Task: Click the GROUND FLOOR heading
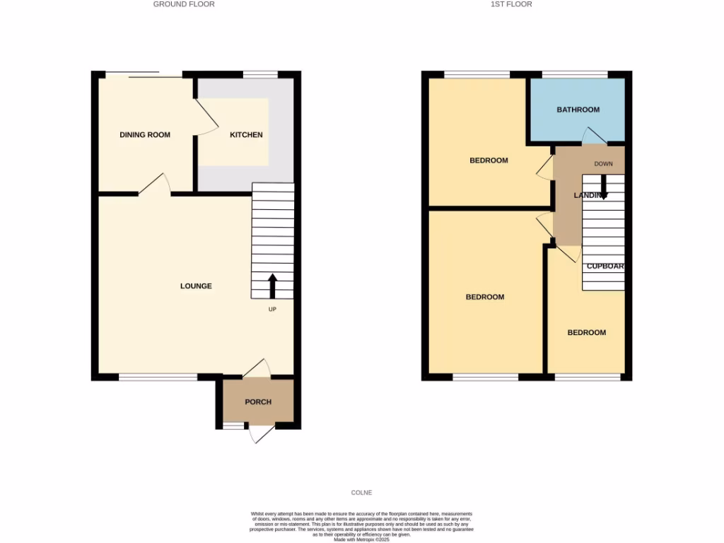184,4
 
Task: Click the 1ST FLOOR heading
510,4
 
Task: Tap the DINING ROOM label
145,134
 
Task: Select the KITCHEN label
246,134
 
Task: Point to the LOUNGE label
196,286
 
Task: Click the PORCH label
258,402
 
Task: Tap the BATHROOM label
578,110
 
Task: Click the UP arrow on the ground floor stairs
272,286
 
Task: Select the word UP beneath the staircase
272,310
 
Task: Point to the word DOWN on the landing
603,164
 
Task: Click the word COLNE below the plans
361,493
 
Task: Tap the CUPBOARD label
605,267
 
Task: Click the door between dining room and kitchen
206,117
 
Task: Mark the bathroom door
593,136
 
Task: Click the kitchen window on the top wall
260,74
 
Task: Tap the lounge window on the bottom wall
158,378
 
